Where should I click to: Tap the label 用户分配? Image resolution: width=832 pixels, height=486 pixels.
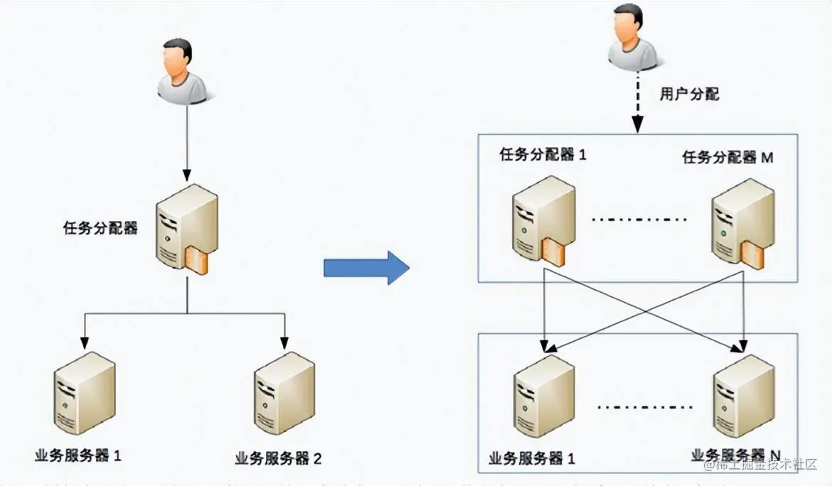(689, 94)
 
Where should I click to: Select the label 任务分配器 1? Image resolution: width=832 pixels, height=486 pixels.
(543, 155)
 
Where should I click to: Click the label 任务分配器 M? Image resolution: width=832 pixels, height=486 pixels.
(727, 158)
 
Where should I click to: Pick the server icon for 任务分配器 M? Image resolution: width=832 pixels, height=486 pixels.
(742, 222)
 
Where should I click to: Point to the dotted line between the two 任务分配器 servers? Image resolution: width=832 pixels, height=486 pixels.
(640, 219)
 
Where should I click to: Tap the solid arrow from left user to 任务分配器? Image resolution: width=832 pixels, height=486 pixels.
(186, 142)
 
